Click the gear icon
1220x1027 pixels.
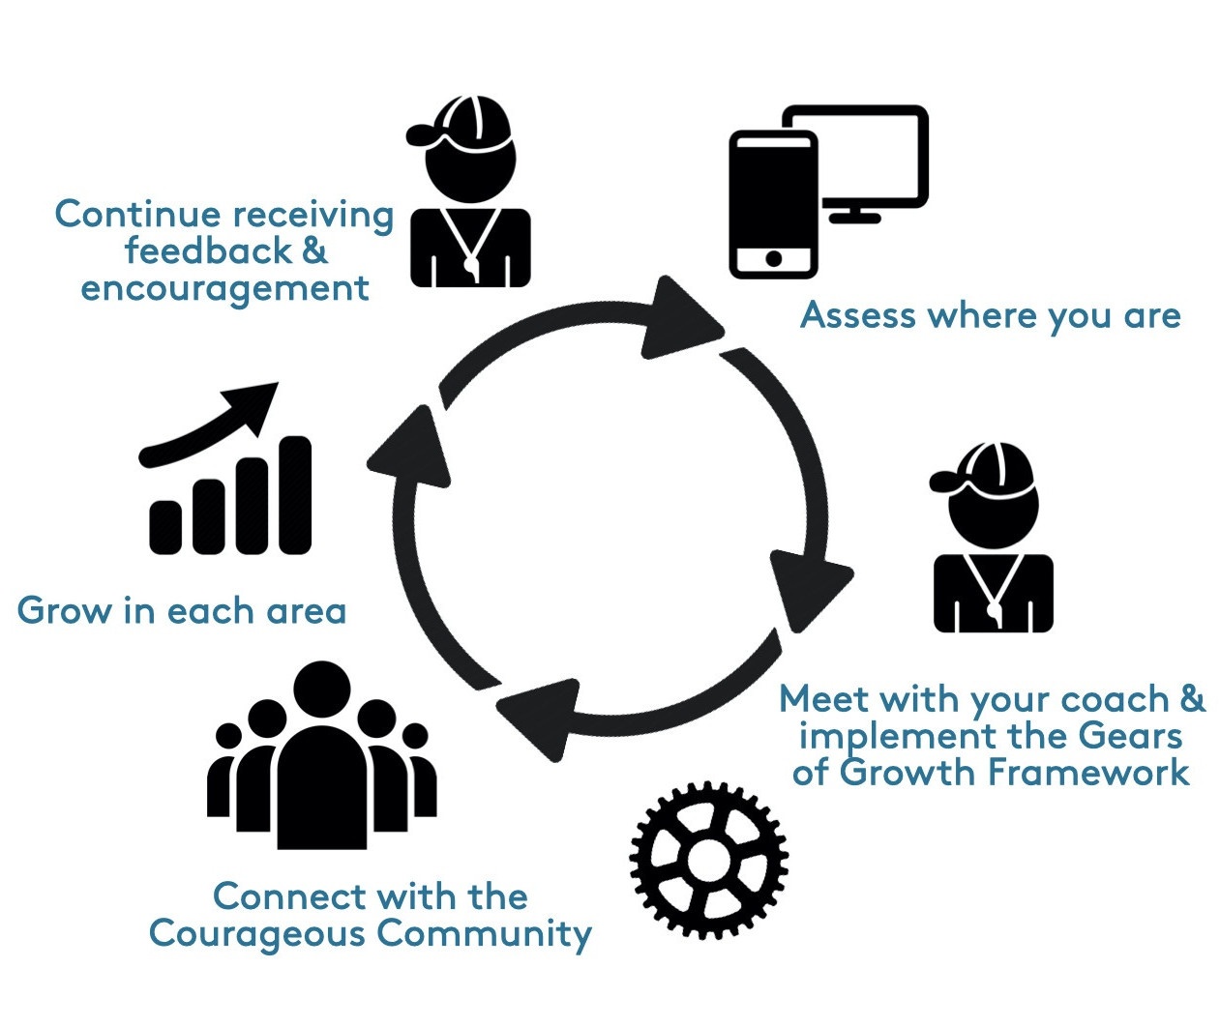pyautogui.click(x=708, y=859)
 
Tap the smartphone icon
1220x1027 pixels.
pyautogui.click(x=772, y=204)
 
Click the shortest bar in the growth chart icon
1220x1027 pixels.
pyautogui.click(x=165, y=526)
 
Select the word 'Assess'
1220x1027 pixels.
pyautogui.click(x=858, y=315)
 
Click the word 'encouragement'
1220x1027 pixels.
pyautogui.click(x=224, y=288)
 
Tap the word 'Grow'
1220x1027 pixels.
pyautogui.click(x=64, y=611)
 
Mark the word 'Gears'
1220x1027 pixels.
pyautogui.click(x=1130, y=736)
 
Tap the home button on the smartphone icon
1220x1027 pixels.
pyautogui.click(x=773, y=258)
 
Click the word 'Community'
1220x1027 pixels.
pyautogui.click(x=484, y=933)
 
